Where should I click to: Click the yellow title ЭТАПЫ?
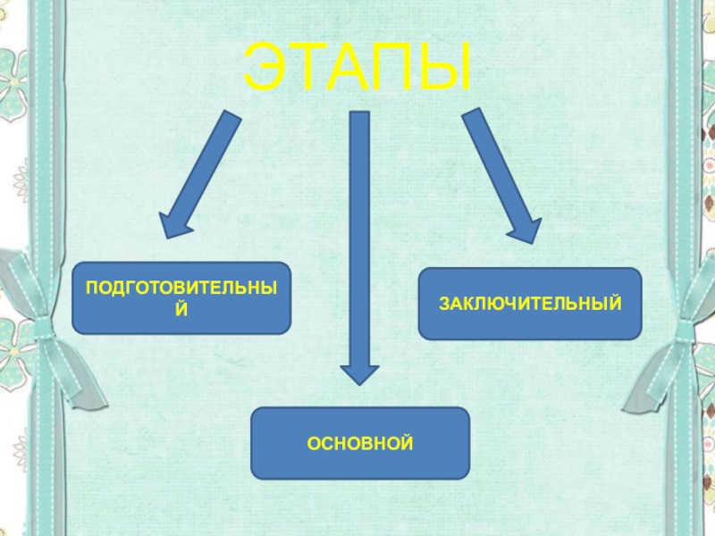358,68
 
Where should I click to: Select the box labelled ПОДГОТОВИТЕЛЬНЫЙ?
181,297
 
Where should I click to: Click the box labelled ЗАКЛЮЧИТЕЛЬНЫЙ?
529,304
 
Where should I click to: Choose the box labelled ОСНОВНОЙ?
360,443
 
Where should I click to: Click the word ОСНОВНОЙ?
360,443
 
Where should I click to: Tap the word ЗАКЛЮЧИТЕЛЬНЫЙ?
529,304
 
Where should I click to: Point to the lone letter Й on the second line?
181,309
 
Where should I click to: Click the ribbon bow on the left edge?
36,313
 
